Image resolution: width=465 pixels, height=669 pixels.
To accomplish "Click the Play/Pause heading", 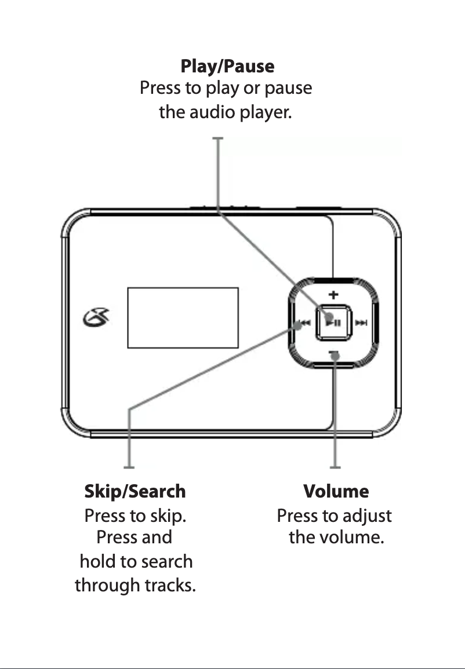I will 227,66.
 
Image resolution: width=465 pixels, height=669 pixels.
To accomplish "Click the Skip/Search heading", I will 135,492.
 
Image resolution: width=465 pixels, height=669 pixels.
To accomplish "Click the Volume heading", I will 336,492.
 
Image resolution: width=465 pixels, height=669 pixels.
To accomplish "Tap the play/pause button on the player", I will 332,322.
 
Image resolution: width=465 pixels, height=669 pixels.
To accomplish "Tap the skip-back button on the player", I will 301,324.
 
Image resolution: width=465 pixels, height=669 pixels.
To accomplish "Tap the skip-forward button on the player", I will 361,323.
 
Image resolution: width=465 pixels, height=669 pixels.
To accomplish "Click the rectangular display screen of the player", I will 183,317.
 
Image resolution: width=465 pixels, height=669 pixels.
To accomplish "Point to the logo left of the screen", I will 94,317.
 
